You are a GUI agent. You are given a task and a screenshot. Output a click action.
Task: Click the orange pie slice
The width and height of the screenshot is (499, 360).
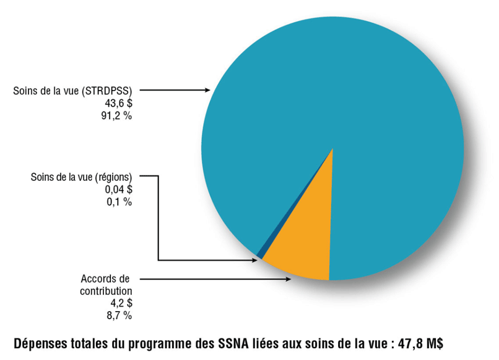[303, 248]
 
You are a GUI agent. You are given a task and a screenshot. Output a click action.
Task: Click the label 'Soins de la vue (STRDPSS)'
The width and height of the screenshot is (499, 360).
[74, 91]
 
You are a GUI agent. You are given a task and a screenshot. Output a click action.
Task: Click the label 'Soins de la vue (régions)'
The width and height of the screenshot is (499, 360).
[81, 177]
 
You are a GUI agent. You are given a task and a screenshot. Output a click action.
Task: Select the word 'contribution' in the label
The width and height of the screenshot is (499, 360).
[106, 291]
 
